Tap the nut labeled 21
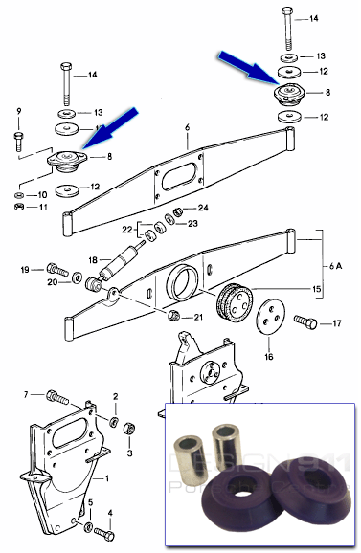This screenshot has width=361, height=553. coord(173,316)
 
